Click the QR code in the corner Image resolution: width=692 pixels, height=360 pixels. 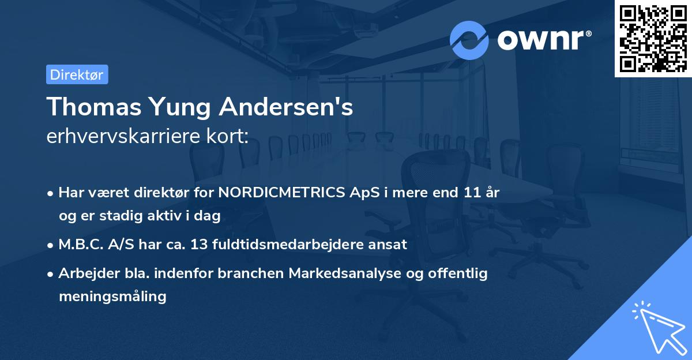coord(653,38)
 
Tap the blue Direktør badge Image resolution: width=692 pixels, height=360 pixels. coord(77,74)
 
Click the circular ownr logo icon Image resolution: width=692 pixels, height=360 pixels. coord(469,40)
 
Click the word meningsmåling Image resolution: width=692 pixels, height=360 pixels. coord(112,297)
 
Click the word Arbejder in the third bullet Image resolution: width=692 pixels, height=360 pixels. coord(84,273)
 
